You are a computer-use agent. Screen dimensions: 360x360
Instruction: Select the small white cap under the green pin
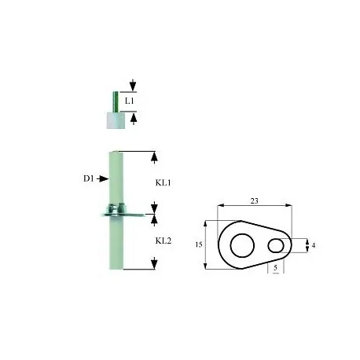(x=116, y=120)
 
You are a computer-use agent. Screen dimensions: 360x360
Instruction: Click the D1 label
(x=89, y=179)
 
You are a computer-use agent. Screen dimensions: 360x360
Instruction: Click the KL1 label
(x=163, y=181)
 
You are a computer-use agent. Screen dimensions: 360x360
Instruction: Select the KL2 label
(x=163, y=241)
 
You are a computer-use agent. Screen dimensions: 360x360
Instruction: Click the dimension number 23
(x=254, y=201)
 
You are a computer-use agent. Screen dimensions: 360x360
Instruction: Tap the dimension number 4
(x=314, y=246)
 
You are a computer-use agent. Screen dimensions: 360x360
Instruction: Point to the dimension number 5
(x=277, y=268)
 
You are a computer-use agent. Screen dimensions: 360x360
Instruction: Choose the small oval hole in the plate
(x=277, y=247)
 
